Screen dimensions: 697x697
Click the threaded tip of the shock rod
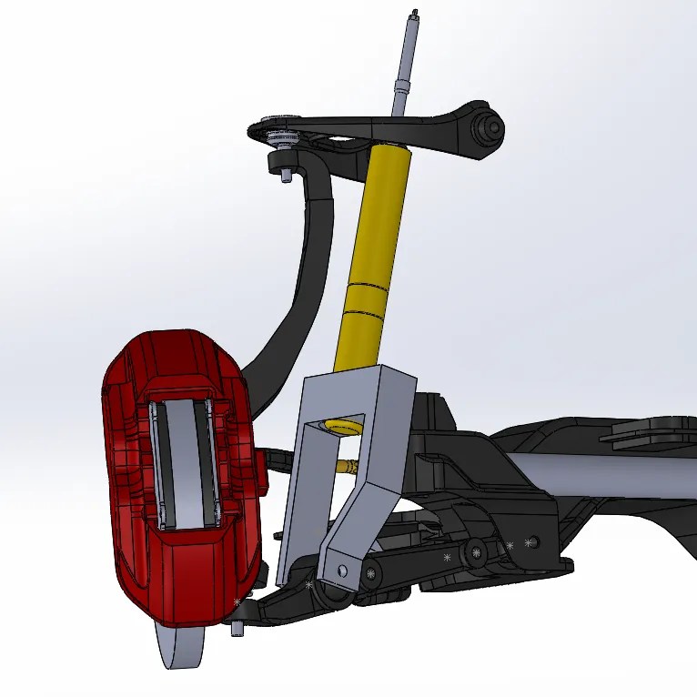click(x=414, y=14)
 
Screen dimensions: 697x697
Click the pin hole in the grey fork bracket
click(x=342, y=571)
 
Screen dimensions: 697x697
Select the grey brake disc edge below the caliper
click(x=182, y=651)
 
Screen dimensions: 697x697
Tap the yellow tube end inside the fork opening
click(x=345, y=426)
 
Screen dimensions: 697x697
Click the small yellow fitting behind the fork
click(x=347, y=467)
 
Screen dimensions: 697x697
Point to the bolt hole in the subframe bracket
click(x=532, y=543)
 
